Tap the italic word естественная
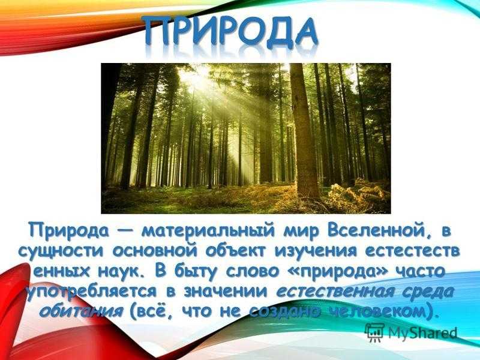pos(335,292)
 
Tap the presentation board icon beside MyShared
pos(374,332)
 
